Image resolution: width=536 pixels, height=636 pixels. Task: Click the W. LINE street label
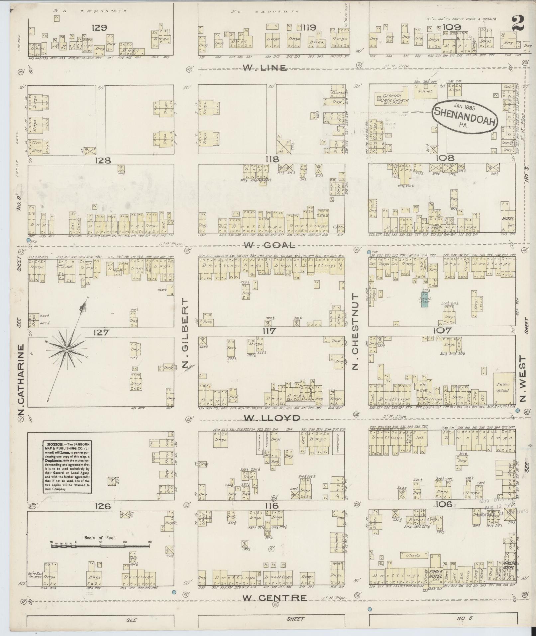pos(264,68)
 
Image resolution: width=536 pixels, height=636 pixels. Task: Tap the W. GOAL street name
pos(269,245)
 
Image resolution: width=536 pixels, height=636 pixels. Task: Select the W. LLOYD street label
pos(272,418)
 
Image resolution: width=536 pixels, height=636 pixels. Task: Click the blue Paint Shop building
pos(424,300)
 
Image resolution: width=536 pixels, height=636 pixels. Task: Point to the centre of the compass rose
pos(66,349)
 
